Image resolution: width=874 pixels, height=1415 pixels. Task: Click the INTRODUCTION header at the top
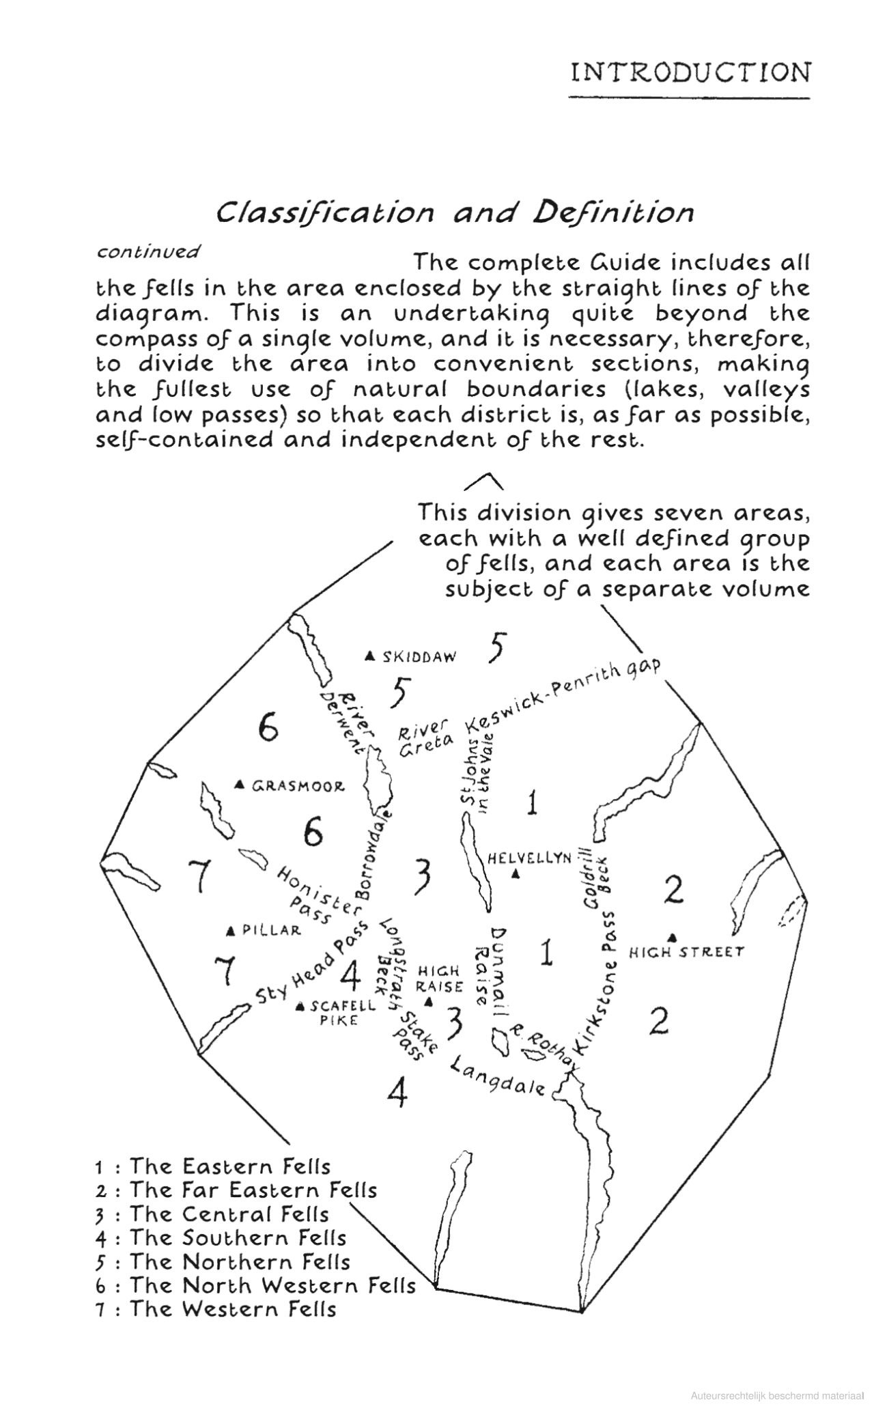click(690, 72)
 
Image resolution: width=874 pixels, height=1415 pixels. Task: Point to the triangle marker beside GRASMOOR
click(240, 785)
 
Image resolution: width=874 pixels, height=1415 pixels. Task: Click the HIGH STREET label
click(686, 951)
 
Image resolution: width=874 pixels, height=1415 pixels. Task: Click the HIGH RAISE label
click(440, 979)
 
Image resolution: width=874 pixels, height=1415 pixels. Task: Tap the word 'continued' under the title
click(148, 251)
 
